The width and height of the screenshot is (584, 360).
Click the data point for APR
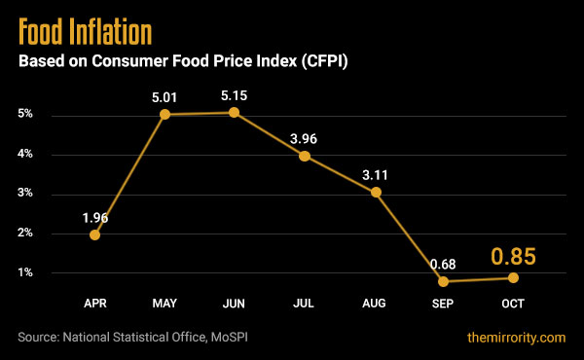pyautogui.click(x=94, y=234)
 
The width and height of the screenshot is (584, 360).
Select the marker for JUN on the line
pyautogui.click(x=235, y=113)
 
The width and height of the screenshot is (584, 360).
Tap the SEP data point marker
pyautogui.click(x=445, y=281)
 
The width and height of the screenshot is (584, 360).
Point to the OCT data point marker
pyautogui.click(x=513, y=277)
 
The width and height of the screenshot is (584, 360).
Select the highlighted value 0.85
pyautogui.click(x=513, y=257)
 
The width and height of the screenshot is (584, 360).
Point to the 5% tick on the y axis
pyautogui.click(x=25, y=115)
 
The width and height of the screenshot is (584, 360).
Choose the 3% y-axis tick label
pyautogui.click(x=25, y=194)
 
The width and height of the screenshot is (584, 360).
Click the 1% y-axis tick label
pyautogui.click(x=25, y=272)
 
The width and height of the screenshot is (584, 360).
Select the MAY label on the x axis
pyautogui.click(x=164, y=305)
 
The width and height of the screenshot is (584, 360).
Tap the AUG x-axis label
pyautogui.click(x=375, y=305)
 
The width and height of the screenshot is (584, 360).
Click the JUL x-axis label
pyautogui.click(x=305, y=305)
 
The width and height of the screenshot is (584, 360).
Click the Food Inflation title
pyautogui.click(x=86, y=30)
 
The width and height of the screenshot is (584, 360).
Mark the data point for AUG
pyautogui.click(x=375, y=192)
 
